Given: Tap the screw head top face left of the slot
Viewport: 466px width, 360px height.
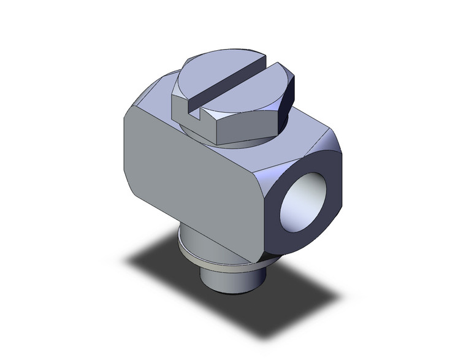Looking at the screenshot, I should [202, 74].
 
